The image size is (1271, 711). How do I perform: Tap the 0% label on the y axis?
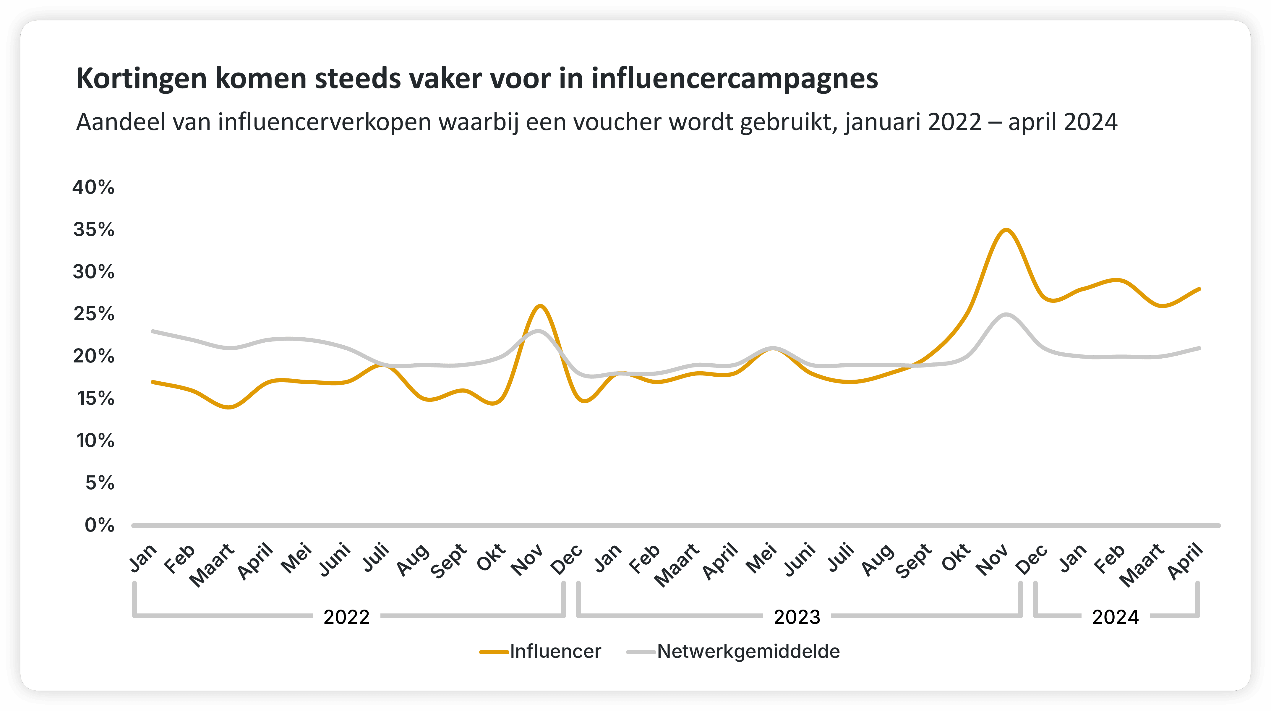[100, 525]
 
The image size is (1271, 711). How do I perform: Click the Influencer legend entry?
[541, 652]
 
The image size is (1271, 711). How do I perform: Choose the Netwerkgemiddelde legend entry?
[733, 652]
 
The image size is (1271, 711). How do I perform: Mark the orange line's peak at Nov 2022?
[540, 306]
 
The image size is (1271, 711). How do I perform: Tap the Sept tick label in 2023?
[914, 561]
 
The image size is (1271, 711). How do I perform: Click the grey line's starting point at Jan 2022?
[153, 331]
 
